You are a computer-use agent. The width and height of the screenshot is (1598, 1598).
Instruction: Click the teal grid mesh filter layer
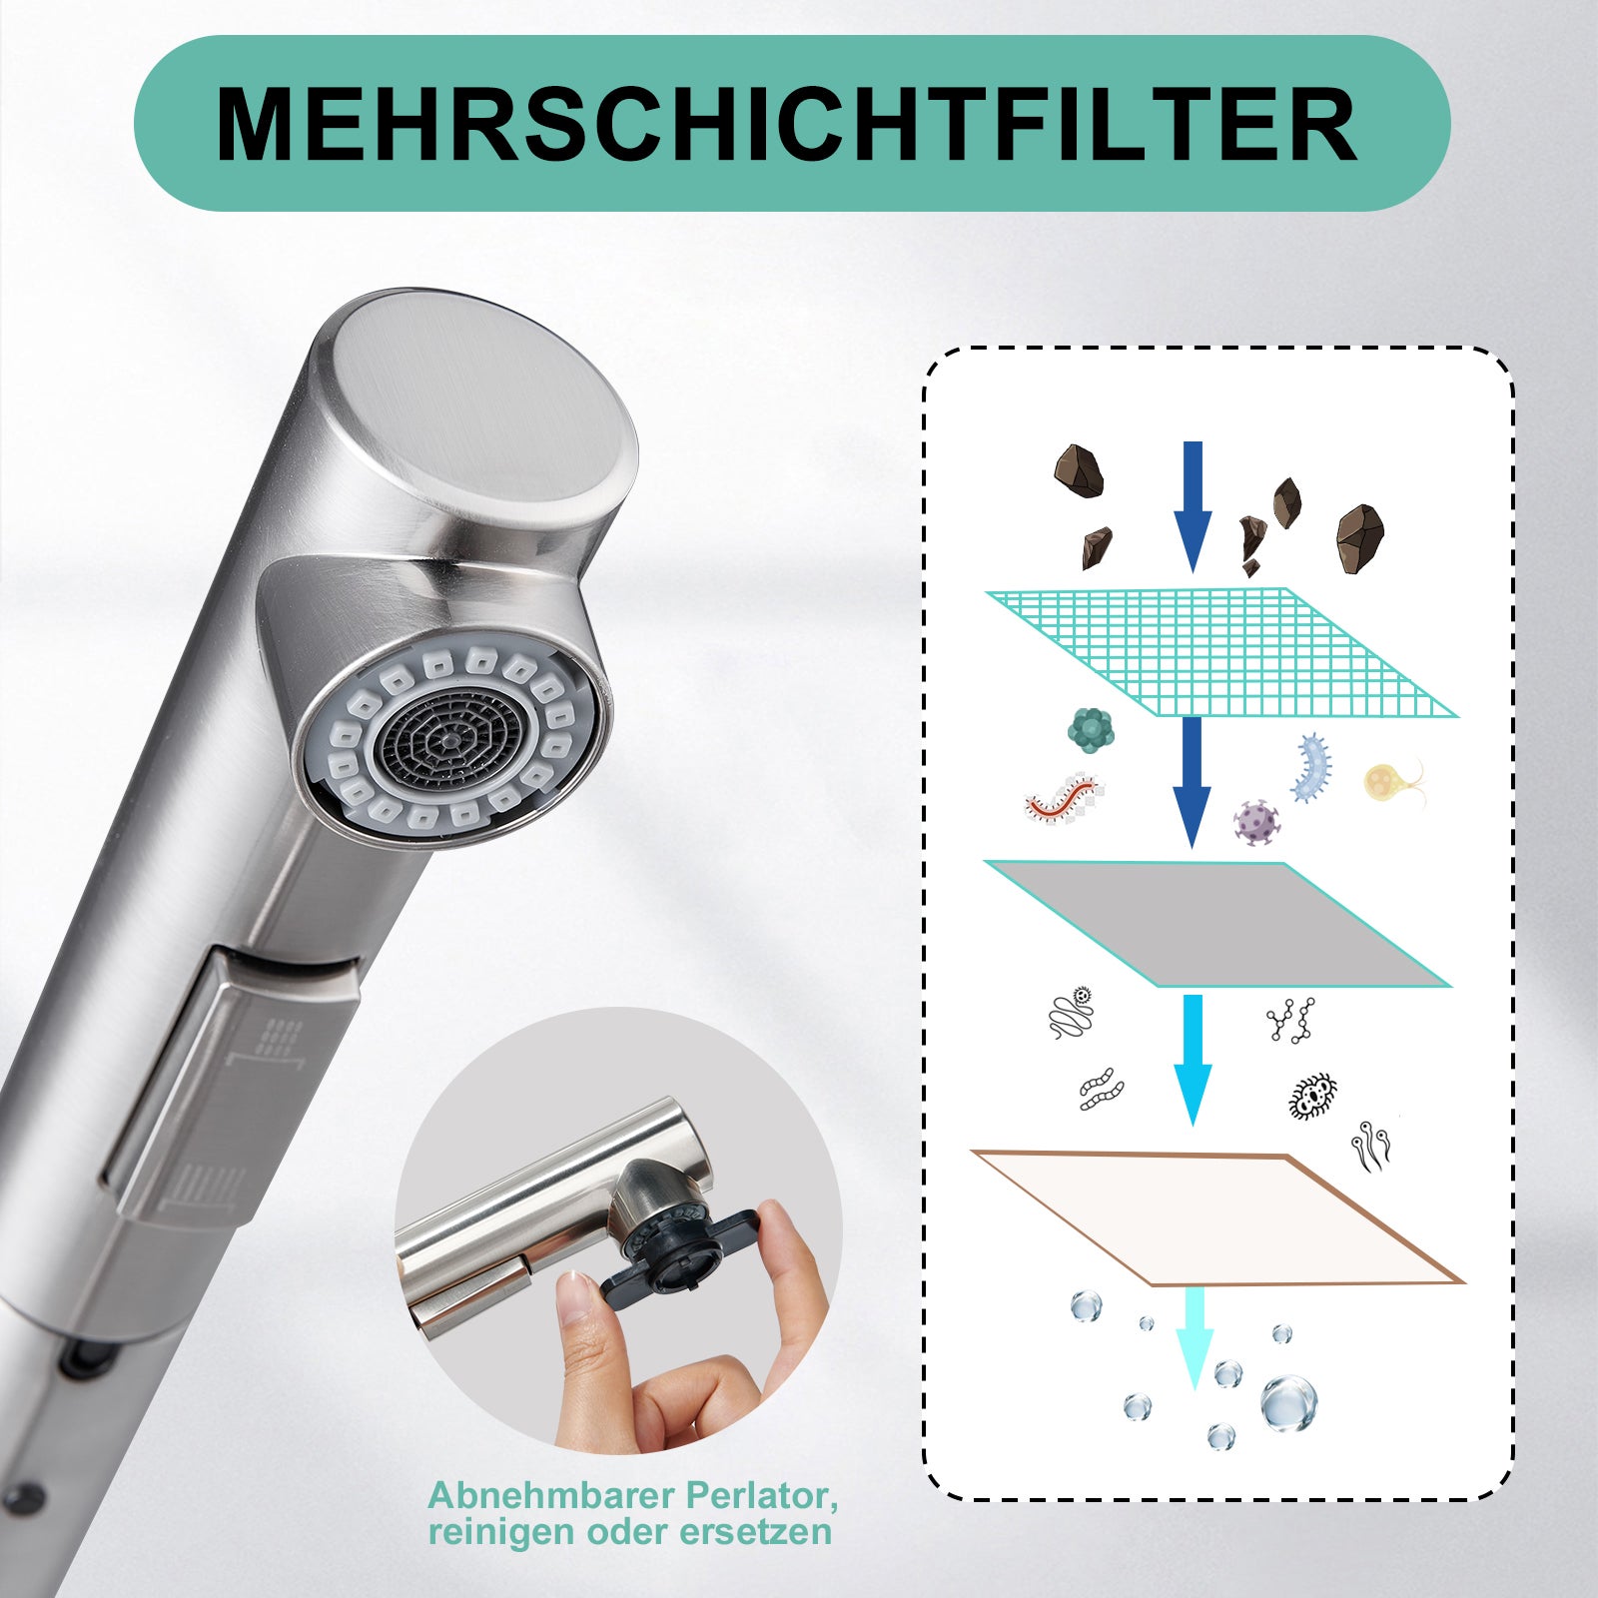point(1221,652)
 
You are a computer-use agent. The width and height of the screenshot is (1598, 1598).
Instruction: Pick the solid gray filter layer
point(1216,924)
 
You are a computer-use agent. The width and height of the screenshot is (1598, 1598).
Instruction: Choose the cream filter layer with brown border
point(1217,1217)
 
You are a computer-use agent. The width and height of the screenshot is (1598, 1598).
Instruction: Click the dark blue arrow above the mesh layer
point(1193,506)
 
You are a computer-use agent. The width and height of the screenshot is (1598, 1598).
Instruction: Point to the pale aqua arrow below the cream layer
point(1195,1337)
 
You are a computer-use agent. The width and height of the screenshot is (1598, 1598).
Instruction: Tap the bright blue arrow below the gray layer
point(1193,1060)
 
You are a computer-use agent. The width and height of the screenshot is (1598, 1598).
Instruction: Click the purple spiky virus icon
point(1255,822)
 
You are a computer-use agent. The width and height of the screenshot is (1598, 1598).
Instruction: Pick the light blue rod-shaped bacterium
point(1312,767)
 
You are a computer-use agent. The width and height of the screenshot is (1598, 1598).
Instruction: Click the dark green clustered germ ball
point(1090,729)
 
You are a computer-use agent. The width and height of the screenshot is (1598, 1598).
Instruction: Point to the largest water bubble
point(1288,1402)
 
